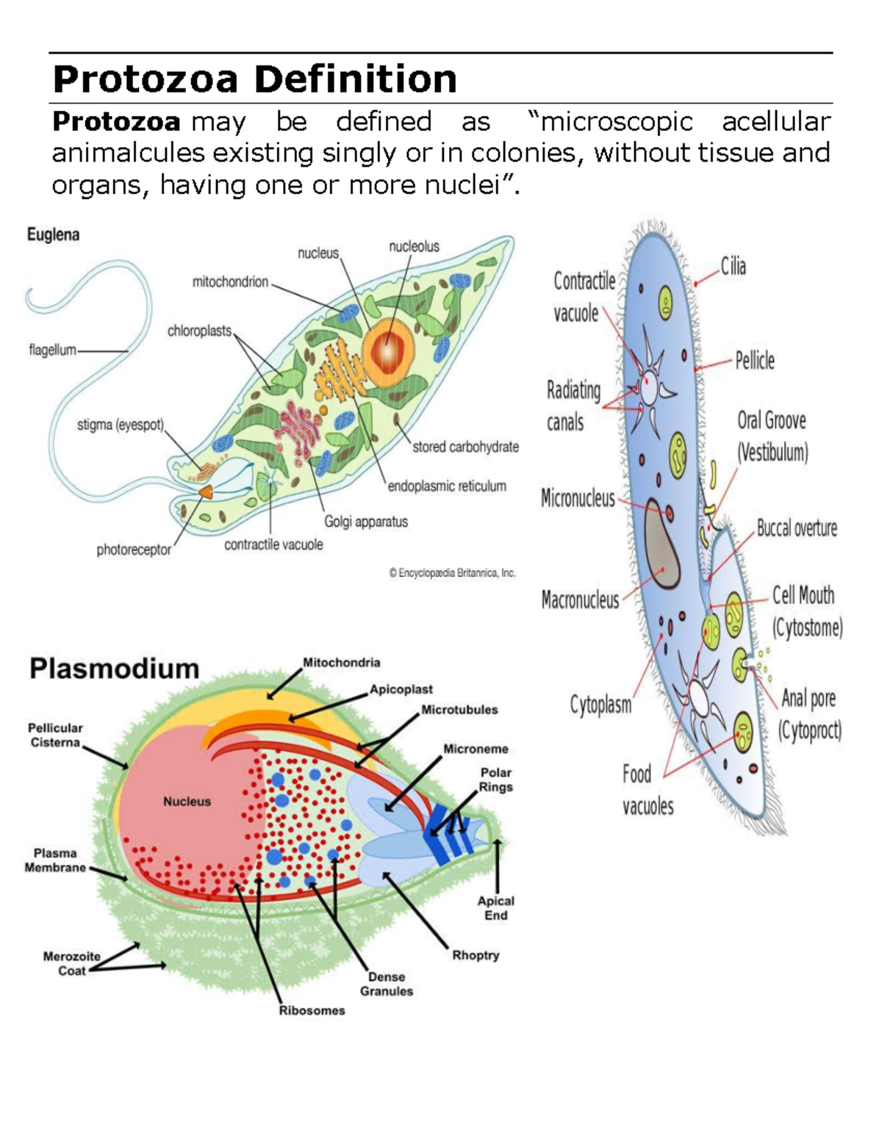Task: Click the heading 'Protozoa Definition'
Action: click(x=254, y=79)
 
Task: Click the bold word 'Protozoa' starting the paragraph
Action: click(x=116, y=121)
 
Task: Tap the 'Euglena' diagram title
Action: click(x=53, y=234)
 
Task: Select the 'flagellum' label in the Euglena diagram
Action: click(x=52, y=350)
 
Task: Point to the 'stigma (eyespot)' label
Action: click(x=121, y=425)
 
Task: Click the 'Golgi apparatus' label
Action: click(x=366, y=522)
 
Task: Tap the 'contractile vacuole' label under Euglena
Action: click(x=273, y=544)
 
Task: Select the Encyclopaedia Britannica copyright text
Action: click(x=452, y=573)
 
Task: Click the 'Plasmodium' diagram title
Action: click(x=114, y=669)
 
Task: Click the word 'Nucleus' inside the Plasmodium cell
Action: click(x=187, y=802)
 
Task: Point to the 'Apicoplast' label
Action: click(x=401, y=689)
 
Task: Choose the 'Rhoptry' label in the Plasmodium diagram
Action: click(x=476, y=955)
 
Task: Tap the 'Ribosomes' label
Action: click(x=312, y=1010)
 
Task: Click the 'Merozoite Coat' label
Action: click(x=71, y=963)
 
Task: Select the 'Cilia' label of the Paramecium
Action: click(x=733, y=267)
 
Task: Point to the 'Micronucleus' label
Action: click(x=578, y=499)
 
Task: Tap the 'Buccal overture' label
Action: click(x=797, y=528)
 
